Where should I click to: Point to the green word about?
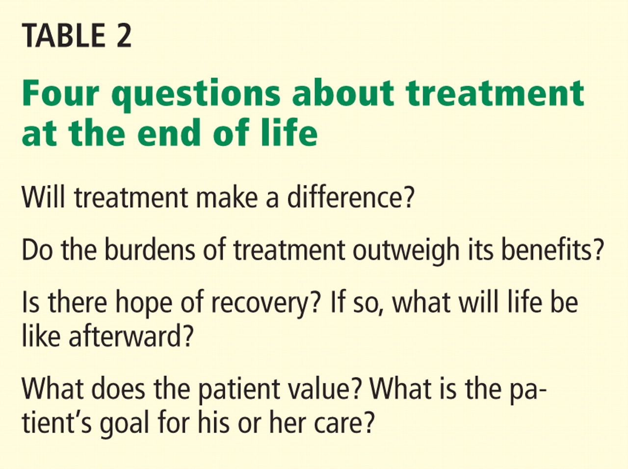pyautogui.click(x=342, y=92)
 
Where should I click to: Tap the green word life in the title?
pyautogui.click(x=289, y=132)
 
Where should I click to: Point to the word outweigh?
pyautogui.click(x=406, y=251)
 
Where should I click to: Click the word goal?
pyautogui.click(x=125, y=425)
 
